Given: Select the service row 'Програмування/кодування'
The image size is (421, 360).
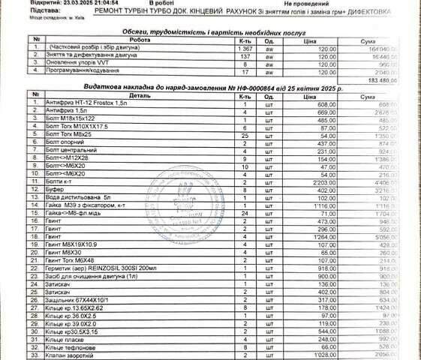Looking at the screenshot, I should coord(72,71).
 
